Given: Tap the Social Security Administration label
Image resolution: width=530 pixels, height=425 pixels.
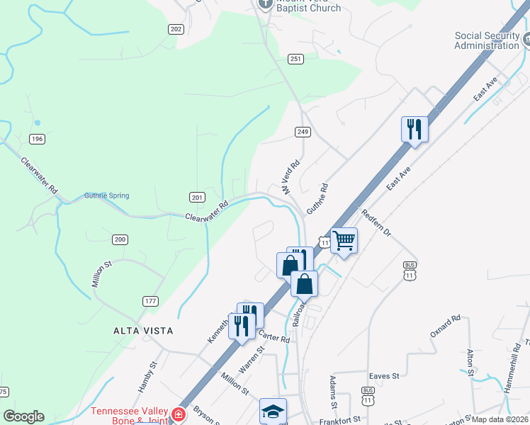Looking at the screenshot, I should [x=491, y=40].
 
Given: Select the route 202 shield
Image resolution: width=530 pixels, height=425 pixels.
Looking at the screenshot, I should [x=176, y=29].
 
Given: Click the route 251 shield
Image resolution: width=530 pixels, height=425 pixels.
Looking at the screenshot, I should [x=296, y=59].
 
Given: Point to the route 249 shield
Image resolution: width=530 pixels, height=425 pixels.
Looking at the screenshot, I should [x=303, y=132].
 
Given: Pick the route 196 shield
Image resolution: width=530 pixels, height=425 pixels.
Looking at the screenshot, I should [x=38, y=139].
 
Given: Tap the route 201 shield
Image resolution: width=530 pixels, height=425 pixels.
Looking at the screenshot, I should [x=198, y=196].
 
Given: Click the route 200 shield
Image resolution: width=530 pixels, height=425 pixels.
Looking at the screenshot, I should [x=120, y=240].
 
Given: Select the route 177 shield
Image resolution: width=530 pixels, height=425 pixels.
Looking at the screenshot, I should [x=150, y=302].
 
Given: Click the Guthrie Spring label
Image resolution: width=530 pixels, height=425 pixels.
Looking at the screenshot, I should [x=106, y=196].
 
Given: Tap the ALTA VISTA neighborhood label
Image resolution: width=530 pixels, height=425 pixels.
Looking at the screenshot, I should [x=143, y=331].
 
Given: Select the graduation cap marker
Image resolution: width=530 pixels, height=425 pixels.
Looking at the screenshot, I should [x=273, y=410].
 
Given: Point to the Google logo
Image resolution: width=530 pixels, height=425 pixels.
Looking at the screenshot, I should [x=23, y=416].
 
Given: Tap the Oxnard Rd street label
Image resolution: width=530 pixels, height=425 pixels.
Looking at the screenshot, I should [x=446, y=326].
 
